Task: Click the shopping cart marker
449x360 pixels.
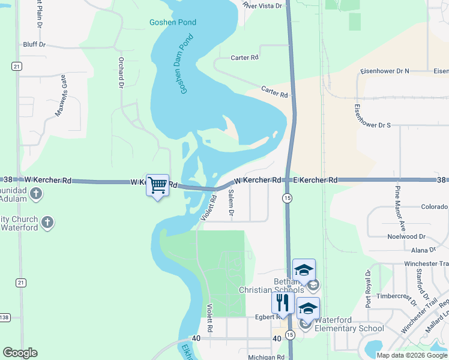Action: click(x=157, y=185)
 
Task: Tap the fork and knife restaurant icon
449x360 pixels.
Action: click(x=282, y=302)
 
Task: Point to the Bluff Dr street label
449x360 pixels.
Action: click(x=34, y=44)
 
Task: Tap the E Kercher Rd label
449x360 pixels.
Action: click(x=315, y=180)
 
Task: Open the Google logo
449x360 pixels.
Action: click(x=20, y=353)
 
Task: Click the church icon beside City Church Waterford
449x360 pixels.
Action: click(x=47, y=223)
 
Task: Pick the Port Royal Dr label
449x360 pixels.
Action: click(x=369, y=288)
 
